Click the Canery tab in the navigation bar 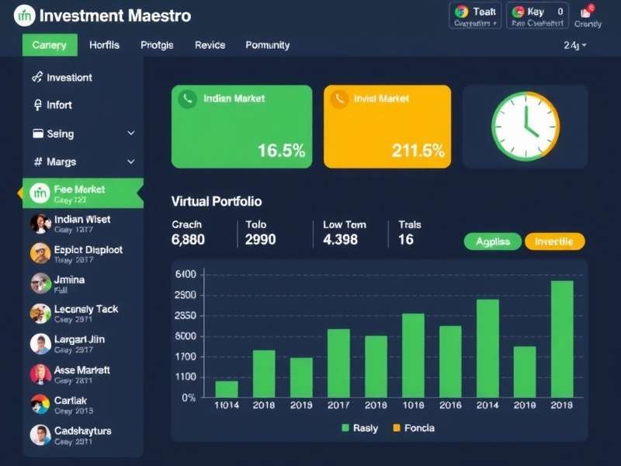(x=50, y=45)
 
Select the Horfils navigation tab (x=104, y=45)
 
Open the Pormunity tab (x=267, y=45)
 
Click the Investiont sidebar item (x=69, y=78)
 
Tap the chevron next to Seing (x=130, y=134)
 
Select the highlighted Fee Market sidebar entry (x=79, y=193)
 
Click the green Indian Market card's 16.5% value (x=281, y=151)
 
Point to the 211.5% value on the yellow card (x=418, y=151)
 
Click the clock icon (x=526, y=127)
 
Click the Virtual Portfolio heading (x=216, y=201)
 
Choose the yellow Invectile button (x=554, y=242)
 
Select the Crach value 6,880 (x=188, y=239)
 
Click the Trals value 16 (x=405, y=239)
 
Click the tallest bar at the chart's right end (x=562, y=339)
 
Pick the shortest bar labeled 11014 (x=227, y=388)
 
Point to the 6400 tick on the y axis (x=186, y=274)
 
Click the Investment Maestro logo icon (x=25, y=15)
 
